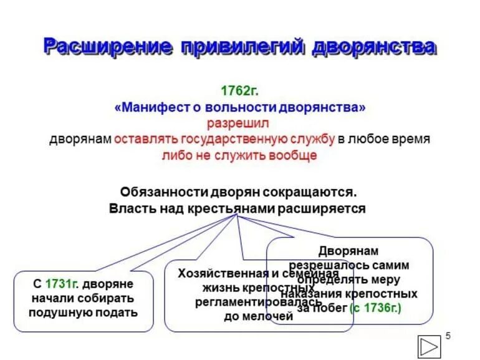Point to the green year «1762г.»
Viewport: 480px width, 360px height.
pos(239,91)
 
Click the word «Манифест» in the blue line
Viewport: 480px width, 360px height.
pos(150,108)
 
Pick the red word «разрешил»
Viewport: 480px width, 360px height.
pos(239,124)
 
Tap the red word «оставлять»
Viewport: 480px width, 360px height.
pos(147,139)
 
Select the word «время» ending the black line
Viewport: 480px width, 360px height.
pos(409,139)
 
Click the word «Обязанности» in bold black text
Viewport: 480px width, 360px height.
pos(160,192)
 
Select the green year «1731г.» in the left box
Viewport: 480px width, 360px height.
pos(60,283)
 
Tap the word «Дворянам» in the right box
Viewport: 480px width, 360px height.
pos(348,251)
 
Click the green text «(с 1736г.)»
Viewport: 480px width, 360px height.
pos(376,308)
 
